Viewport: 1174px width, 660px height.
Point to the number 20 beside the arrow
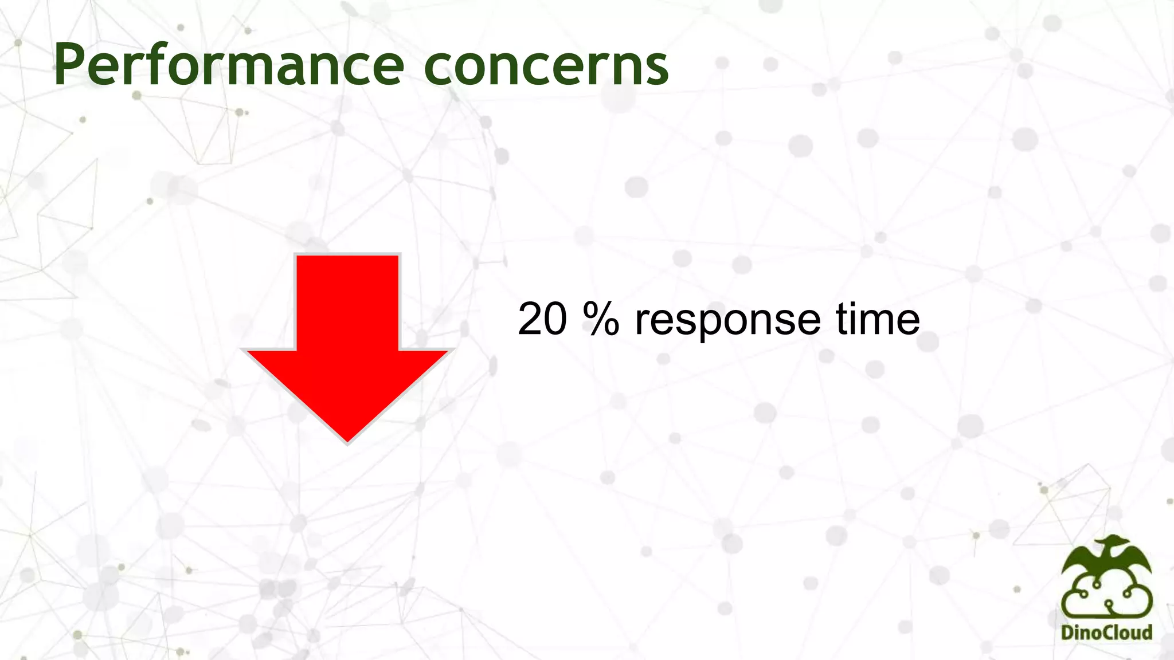point(542,319)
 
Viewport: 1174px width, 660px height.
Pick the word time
point(877,319)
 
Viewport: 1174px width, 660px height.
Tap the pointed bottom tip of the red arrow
point(347,440)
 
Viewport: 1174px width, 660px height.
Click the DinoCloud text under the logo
point(1106,632)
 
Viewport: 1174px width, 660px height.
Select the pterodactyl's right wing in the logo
point(1138,559)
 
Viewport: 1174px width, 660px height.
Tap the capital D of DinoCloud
point(1067,632)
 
